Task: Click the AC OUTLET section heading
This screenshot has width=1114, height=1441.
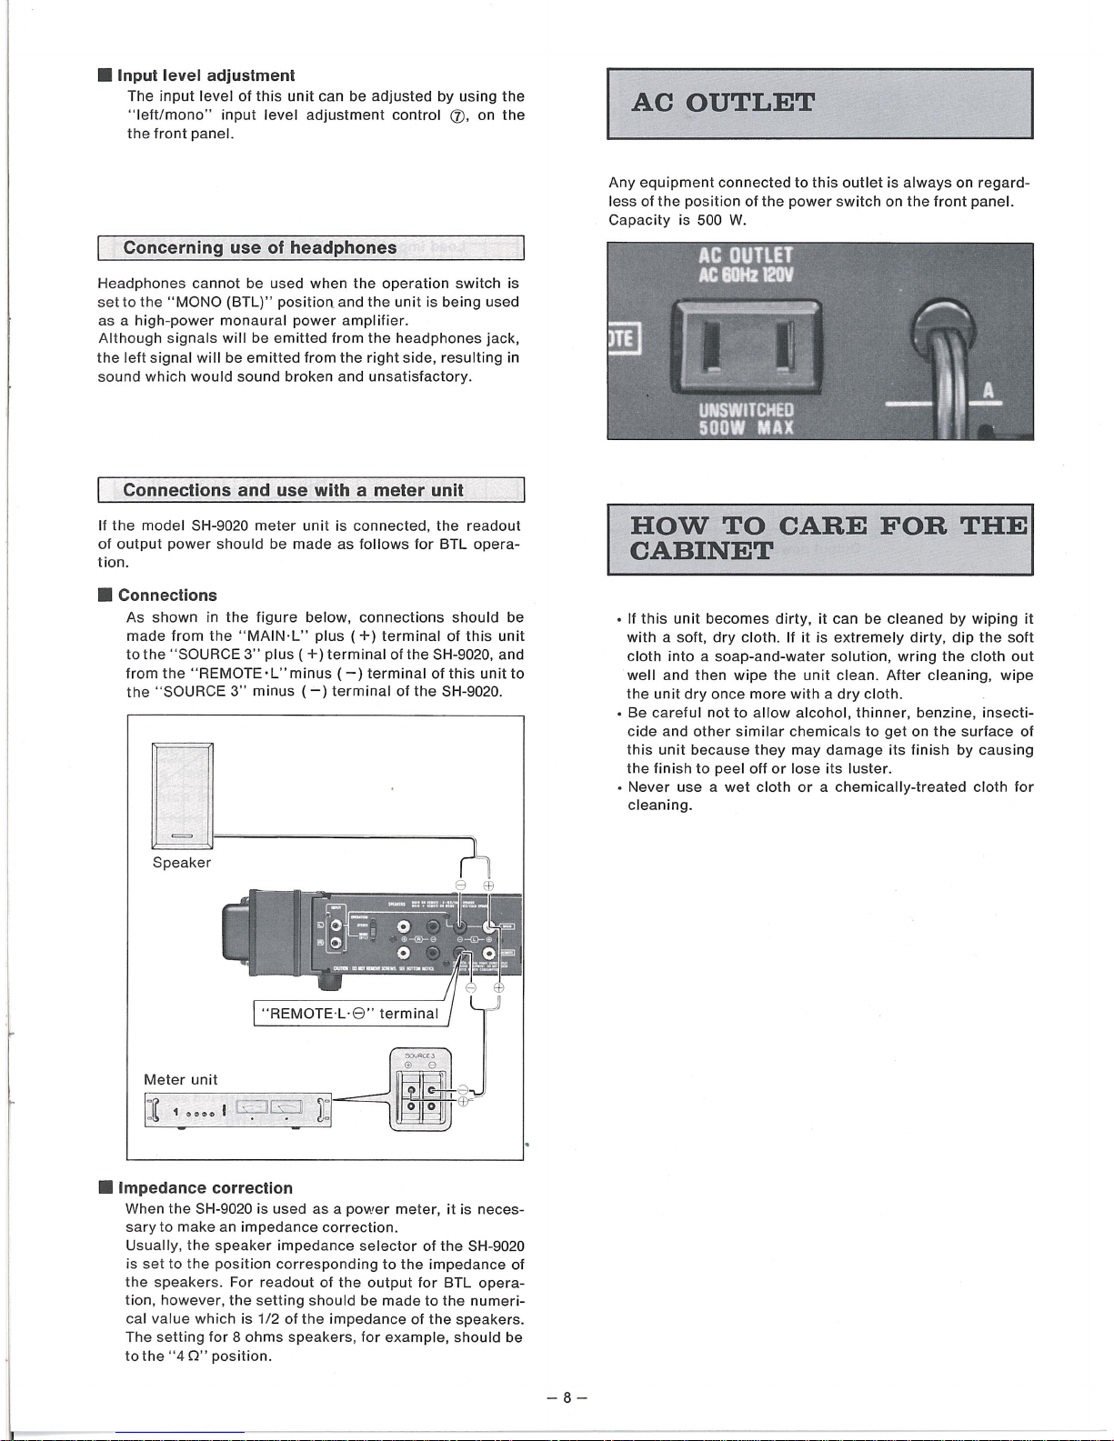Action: pyautogui.click(x=723, y=101)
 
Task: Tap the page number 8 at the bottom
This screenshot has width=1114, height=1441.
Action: pyautogui.click(x=566, y=1397)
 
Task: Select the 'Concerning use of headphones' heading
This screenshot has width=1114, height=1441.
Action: pyautogui.click(x=259, y=247)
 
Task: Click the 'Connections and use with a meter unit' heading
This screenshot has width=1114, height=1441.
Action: pyautogui.click(x=293, y=490)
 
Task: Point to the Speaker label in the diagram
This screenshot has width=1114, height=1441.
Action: pyautogui.click(x=181, y=862)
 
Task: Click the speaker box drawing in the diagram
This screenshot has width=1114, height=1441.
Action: pyautogui.click(x=182, y=797)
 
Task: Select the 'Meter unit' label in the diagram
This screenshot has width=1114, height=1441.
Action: pyautogui.click(x=180, y=1079)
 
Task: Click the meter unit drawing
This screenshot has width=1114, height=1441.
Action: pyautogui.click(x=237, y=1110)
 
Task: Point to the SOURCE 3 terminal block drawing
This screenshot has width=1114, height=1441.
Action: pyautogui.click(x=420, y=1089)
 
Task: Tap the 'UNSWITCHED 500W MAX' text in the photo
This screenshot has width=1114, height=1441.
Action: pyautogui.click(x=746, y=418)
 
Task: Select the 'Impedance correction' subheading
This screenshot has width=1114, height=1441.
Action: pyautogui.click(x=206, y=1187)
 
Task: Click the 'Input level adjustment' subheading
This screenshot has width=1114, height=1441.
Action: pyautogui.click(x=206, y=75)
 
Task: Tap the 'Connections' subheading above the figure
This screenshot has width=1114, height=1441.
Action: pyautogui.click(x=167, y=595)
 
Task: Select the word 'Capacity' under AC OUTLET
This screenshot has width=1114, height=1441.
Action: pyautogui.click(x=639, y=220)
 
